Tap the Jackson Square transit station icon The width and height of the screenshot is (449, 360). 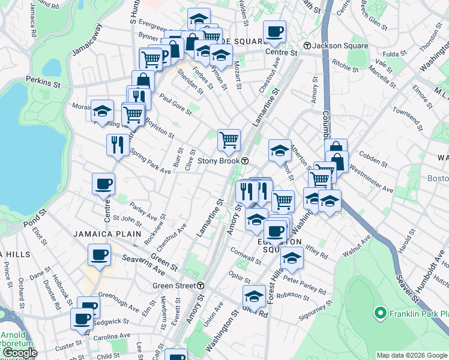(x=307, y=46)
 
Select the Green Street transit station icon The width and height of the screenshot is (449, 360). (x=202, y=286)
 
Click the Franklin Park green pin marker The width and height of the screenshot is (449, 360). (x=379, y=313)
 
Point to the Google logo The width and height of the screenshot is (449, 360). (x=19, y=353)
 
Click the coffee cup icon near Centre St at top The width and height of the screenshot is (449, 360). (x=274, y=31)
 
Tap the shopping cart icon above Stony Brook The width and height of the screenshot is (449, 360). (x=229, y=140)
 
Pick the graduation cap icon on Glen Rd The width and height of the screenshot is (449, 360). (x=254, y=296)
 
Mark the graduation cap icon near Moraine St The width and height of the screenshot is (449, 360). (x=102, y=111)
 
